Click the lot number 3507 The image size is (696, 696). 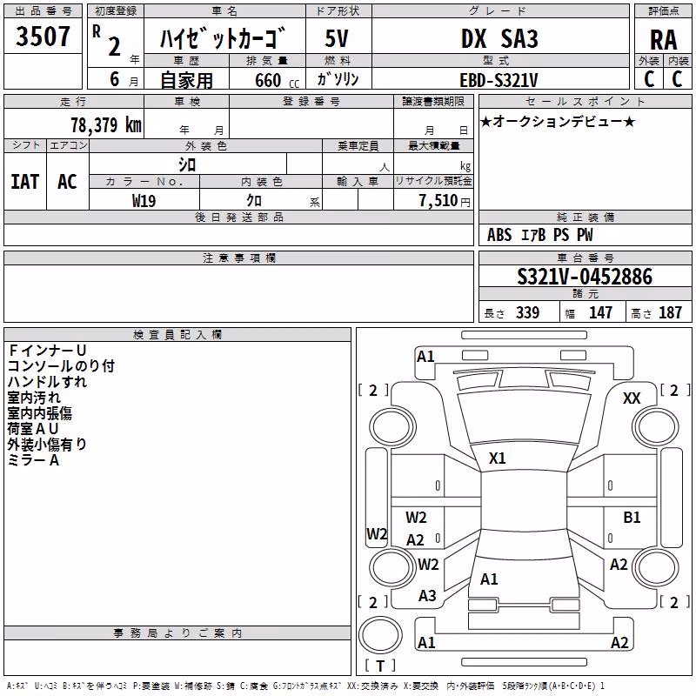point(43,37)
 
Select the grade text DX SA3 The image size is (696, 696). point(499,38)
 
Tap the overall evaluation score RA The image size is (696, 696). point(663,40)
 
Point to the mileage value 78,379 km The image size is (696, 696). point(106,124)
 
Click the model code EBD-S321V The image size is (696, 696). point(499,80)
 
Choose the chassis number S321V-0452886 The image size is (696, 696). point(585,277)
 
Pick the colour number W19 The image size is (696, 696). point(144,201)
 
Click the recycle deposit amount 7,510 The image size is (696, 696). point(438,201)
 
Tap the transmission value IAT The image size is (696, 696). point(25,182)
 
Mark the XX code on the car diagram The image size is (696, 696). point(632,398)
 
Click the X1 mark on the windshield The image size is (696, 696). point(497,458)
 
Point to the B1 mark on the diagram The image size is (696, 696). point(632,517)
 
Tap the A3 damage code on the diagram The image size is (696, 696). point(427,596)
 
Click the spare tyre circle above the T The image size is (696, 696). point(380,635)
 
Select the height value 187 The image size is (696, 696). point(670,312)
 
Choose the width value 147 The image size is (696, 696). point(600,312)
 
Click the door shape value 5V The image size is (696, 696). point(337,38)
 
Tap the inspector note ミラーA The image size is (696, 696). point(33,460)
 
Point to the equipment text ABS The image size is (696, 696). point(499,235)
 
